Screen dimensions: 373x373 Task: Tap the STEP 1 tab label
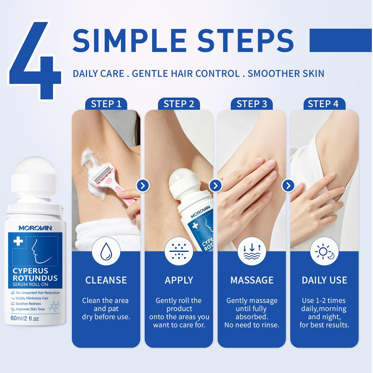click(106, 104)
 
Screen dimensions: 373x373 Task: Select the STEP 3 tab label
click(252, 104)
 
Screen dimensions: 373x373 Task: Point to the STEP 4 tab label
click(323, 104)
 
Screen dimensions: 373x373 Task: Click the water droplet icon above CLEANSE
click(106, 251)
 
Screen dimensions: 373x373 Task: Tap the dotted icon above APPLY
click(179, 251)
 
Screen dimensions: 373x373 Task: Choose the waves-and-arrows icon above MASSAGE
click(252, 251)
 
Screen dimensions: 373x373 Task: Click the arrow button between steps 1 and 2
click(143, 185)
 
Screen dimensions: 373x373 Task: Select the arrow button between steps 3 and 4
click(288, 185)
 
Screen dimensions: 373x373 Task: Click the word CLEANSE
click(106, 280)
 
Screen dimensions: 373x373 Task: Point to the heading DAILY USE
click(325, 280)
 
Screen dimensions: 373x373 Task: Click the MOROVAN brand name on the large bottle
click(35, 228)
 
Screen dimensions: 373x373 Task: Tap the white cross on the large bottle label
click(18, 241)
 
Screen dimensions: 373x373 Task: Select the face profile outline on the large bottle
click(40, 251)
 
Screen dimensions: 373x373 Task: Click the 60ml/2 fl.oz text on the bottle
click(25, 318)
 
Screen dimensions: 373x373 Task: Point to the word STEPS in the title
click(245, 40)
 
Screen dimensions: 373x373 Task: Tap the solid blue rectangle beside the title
click(341, 40)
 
